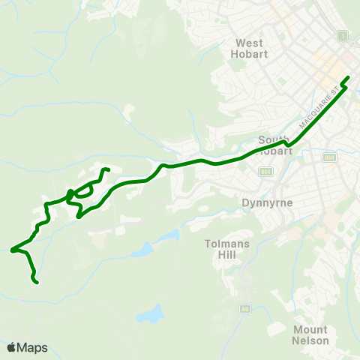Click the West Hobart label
[252, 49]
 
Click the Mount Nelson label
[310, 335]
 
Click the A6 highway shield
[244, 308]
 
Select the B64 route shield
[266, 172]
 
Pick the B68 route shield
[329, 157]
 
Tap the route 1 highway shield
[343, 35]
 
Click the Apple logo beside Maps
[12, 347]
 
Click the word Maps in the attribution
[33, 347]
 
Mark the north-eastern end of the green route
[348, 77]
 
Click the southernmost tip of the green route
[36, 282]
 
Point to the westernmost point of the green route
[11, 250]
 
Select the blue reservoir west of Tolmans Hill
[168, 238]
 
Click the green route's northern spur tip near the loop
[109, 170]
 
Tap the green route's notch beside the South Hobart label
[285, 140]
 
